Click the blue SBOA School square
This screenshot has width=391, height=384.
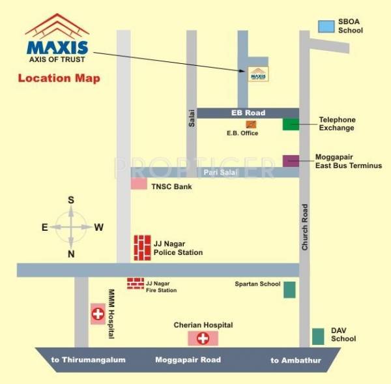325,26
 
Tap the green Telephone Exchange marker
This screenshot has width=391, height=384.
291,124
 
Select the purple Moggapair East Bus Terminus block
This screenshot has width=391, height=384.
291,160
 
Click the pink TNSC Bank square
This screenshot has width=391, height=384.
139,184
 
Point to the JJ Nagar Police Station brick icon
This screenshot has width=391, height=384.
142,247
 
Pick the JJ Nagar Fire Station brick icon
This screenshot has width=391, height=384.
135,283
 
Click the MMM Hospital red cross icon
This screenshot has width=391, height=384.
98,314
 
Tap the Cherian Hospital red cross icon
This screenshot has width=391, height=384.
203,338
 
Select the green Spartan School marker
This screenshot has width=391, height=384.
289,289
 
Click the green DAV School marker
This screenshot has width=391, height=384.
318,336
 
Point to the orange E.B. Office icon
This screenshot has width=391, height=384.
250,124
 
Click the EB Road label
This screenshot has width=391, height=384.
248,113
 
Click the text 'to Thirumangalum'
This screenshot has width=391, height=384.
89,360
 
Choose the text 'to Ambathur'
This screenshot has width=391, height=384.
296,360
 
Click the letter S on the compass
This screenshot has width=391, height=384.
71,200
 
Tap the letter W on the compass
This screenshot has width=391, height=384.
99,227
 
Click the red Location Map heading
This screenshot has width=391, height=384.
59,80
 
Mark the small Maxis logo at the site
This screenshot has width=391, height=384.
258,74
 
